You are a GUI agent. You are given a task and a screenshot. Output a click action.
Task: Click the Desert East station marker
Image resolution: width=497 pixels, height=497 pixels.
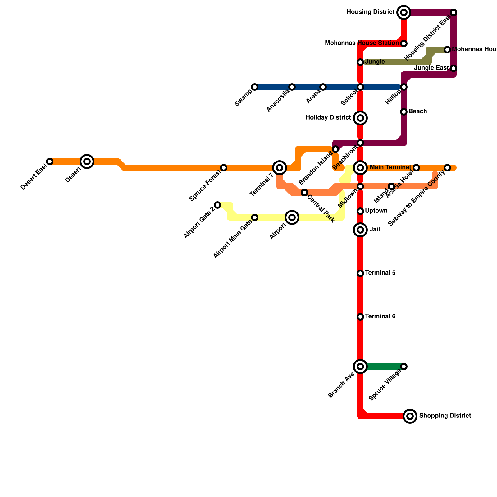tap(50, 162)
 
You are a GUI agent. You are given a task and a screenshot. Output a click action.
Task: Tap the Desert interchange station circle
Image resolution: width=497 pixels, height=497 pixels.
tap(87, 162)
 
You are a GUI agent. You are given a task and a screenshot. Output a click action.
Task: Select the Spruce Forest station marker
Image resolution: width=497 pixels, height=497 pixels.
tap(224, 168)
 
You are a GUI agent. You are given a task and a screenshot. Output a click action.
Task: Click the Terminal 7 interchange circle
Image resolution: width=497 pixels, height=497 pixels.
tap(280, 168)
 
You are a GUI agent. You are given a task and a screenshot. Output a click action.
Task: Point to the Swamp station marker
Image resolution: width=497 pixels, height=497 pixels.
tap(255, 87)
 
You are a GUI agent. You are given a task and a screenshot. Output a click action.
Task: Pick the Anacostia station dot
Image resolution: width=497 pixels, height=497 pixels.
tap(292, 87)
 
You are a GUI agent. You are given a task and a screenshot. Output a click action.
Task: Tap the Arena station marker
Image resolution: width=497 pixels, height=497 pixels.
tap(323, 87)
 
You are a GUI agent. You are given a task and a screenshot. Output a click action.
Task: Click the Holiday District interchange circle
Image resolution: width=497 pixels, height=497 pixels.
tap(360, 118)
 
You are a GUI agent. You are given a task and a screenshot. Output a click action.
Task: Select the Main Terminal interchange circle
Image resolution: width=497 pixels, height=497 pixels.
tap(360, 168)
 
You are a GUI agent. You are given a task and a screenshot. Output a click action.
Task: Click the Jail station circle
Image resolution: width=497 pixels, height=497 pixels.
tap(360, 230)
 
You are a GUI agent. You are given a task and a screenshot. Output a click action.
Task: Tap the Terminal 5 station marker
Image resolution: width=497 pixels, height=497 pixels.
tap(360, 273)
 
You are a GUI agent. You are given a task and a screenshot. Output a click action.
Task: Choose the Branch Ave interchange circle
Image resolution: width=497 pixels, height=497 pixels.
tap(360, 367)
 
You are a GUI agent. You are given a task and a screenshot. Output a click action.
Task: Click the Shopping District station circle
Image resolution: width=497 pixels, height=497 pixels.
tap(410, 416)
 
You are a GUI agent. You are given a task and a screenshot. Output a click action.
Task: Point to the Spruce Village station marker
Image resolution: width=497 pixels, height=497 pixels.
tap(404, 367)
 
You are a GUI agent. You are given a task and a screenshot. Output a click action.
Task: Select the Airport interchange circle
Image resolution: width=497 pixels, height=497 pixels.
tap(292, 217)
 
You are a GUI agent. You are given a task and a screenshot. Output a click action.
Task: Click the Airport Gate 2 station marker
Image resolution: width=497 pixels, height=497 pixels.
tap(217, 205)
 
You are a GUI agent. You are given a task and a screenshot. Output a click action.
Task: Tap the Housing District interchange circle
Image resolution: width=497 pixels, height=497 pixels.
tap(404, 12)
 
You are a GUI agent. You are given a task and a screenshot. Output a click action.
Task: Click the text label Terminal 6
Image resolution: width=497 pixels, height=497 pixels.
tap(380, 317)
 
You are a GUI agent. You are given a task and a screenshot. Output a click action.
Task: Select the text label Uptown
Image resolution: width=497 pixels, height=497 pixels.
tap(376, 211)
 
